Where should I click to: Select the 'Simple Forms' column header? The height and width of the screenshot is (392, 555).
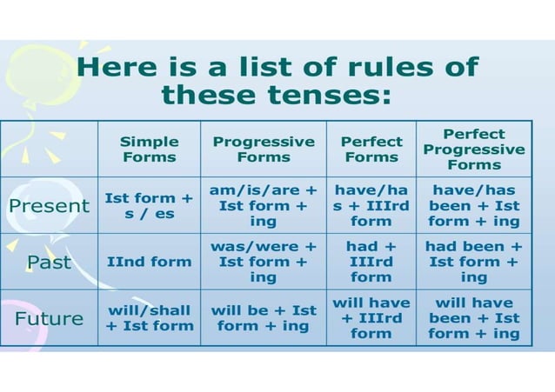[x=149, y=149]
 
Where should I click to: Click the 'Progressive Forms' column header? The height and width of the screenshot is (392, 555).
[x=264, y=149]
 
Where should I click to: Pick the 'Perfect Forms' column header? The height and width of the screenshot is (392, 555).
[x=371, y=149]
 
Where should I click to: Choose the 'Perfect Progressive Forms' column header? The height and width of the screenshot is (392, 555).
[x=474, y=149]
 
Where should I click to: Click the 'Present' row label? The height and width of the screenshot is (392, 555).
[x=49, y=206]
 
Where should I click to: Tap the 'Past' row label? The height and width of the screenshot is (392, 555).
[x=49, y=262]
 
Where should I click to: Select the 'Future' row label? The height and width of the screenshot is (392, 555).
[x=49, y=318]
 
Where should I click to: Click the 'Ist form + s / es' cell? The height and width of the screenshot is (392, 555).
[x=149, y=206]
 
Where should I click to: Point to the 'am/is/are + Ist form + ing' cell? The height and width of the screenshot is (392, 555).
[x=264, y=206]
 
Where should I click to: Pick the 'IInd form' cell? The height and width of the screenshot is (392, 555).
[x=149, y=262]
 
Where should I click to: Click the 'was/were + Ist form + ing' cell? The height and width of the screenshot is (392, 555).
[x=264, y=262]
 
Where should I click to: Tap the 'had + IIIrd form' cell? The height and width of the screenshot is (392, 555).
[x=371, y=262]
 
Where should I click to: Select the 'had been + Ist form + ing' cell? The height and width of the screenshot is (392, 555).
[x=474, y=262]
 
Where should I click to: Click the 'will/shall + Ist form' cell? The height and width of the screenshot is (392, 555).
[x=149, y=318]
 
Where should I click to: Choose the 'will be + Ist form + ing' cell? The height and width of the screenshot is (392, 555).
[x=264, y=318]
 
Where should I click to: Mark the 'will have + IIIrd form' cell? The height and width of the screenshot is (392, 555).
[x=371, y=318]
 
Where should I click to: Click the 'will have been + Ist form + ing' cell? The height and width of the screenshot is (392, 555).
[x=474, y=318]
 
